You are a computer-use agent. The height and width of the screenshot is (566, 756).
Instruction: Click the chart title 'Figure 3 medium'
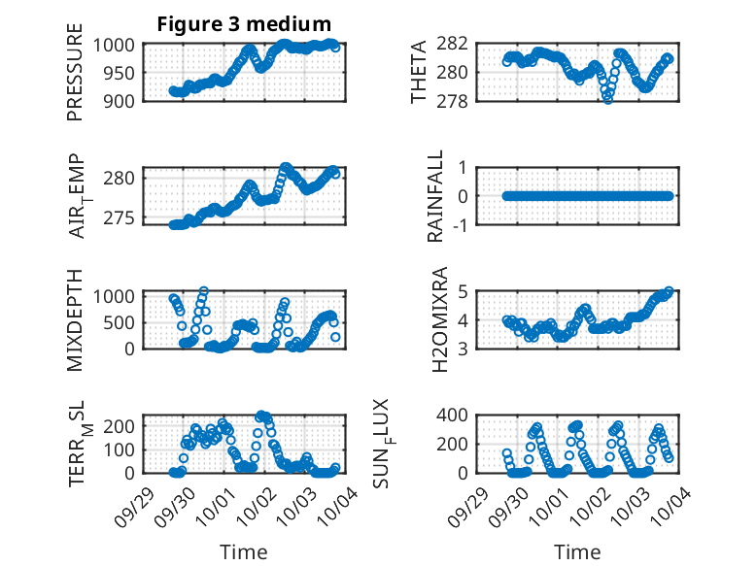click(244, 24)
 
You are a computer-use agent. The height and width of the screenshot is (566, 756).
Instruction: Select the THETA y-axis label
click(419, 73)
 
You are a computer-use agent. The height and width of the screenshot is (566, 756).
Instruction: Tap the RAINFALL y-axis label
click(436, 197)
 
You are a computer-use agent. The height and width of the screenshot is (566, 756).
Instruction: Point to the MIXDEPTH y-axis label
click(75, 319)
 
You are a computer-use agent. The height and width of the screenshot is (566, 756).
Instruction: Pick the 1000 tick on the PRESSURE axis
click(118, 45)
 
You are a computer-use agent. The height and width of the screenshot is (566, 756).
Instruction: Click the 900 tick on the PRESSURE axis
click(122, 101)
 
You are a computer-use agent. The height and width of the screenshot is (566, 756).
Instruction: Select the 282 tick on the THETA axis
click(458, 45)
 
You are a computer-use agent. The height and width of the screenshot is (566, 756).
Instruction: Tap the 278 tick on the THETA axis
click(458, 101)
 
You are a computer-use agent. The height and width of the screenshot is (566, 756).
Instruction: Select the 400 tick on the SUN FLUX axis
click(458, 416)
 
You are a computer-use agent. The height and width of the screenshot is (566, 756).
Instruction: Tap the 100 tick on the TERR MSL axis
click(122, 449)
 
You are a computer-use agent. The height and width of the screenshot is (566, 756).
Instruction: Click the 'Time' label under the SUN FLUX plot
click(577, 552)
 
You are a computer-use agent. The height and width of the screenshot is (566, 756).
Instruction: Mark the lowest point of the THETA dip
click(608, 99)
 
